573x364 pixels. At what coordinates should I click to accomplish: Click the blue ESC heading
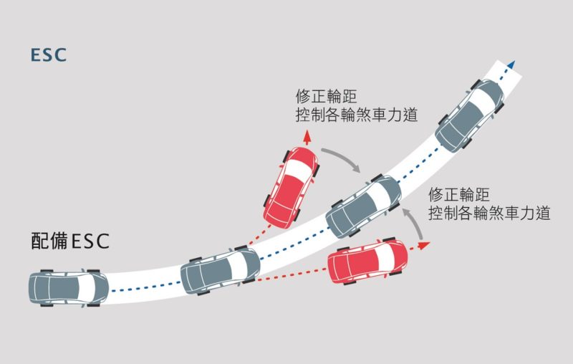pos(49,55)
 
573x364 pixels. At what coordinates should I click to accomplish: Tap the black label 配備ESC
pos(70,241)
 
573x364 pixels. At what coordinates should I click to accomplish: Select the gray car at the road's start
pos(68,288)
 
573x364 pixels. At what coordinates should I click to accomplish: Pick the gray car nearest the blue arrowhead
pos(470,115)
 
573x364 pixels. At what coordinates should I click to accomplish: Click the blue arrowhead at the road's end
pos(511,64)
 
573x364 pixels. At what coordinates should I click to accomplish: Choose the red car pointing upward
pos(292,188)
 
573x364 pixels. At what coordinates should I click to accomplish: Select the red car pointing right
pos(367,261)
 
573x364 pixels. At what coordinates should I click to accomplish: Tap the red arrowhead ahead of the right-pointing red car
pos(423,245)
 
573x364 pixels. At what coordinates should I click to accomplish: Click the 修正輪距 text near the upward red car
pos(326,97)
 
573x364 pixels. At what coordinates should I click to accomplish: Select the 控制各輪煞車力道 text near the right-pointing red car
pos(489,213)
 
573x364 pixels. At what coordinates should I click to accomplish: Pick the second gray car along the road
pos(221,270)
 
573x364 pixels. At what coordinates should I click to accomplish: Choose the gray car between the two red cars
pos(364,206)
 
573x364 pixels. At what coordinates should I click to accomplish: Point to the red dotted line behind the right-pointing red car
pos(292,275)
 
